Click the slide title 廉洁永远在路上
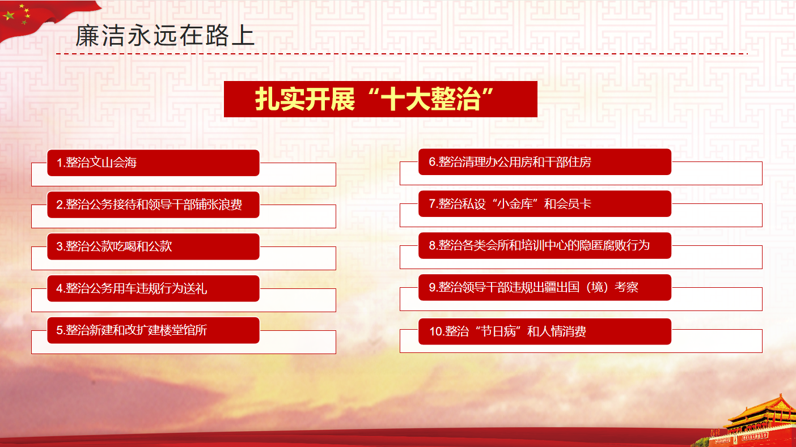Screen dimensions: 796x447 (165, 36)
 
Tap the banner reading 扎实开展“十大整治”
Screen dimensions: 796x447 (380, 99)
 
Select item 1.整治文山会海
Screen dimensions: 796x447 (153, 163)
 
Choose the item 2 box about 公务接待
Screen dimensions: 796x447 (153, 205)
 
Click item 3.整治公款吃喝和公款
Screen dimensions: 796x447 (153, 246)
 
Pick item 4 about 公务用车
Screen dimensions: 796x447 (153, 288)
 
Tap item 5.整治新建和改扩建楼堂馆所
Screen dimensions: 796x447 (153, 330)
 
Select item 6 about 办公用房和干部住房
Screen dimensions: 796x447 (545, 162)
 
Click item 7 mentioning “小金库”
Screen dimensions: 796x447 (545, 204)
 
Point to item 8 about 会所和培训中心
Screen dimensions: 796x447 (545, 245)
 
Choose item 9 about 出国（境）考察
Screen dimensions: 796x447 (545, 287)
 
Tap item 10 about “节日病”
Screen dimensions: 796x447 (545, 331)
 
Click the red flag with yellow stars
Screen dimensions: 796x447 (46, 18)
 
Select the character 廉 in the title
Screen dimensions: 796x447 (87, 36)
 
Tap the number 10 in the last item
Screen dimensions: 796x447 (437, 331)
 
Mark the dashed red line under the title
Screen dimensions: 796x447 (402, 54)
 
